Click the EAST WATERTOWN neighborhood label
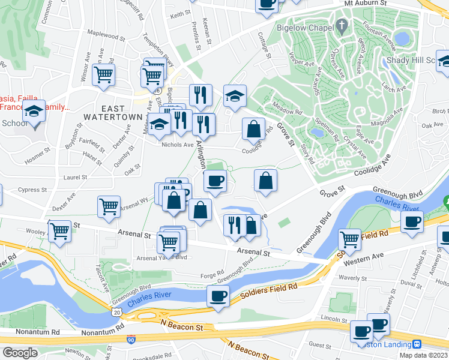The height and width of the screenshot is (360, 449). (104, 112)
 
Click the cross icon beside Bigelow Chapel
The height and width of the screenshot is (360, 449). (342, 26)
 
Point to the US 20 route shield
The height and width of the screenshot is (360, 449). (116, 311)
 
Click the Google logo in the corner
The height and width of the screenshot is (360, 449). (20, 353)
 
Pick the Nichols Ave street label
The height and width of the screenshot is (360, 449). (177, 145)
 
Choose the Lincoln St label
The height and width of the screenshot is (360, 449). (334, 317)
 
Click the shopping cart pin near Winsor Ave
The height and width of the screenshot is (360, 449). (103, 74)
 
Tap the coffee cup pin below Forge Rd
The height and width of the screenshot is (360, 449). (218, 295)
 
